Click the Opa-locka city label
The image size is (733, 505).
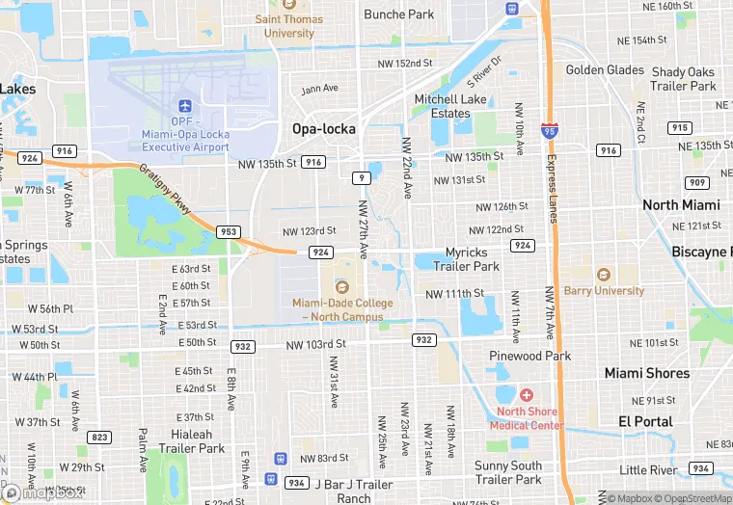pos(324,128)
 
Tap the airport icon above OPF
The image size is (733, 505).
pos(185,104)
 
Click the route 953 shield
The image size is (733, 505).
pos(229,231)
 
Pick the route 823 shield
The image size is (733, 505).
pos(98,437)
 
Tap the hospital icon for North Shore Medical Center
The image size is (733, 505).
pos(527,395)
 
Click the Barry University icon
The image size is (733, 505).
pos(604,275)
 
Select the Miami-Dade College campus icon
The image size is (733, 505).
pos(341,286)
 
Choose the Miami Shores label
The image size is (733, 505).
pos(647,373)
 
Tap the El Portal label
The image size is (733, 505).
pos(645,421)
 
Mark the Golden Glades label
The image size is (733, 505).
pos(605,70)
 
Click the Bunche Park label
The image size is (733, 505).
pos(399,14)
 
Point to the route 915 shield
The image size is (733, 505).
pos(679,128)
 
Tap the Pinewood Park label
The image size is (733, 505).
pos(529,356)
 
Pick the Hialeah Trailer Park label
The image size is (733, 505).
pos(192,441)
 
